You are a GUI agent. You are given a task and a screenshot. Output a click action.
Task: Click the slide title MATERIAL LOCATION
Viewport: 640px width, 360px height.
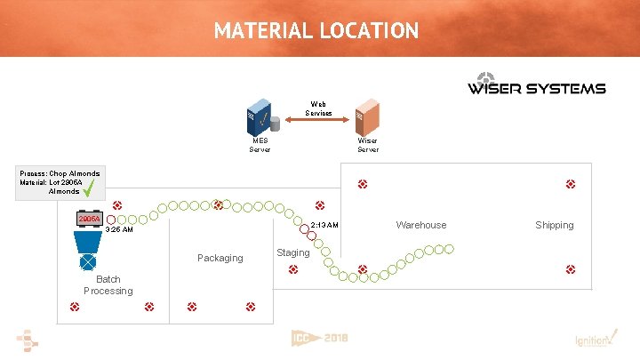(316, 30)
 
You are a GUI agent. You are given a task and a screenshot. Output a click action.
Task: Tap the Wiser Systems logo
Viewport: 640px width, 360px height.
(536, 84)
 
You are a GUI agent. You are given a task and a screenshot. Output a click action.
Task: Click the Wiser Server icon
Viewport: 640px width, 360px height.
(367, 118)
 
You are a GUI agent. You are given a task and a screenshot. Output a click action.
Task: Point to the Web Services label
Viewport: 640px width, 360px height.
(318, 108)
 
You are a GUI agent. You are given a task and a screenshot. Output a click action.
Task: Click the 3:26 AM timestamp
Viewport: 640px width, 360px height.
(119, 230)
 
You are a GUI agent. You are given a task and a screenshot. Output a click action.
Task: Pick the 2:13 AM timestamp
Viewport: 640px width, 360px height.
(324, 225)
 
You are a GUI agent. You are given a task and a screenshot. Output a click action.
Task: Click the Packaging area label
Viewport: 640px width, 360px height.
(220, 258)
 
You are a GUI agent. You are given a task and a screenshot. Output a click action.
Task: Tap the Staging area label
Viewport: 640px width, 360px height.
(293, 253)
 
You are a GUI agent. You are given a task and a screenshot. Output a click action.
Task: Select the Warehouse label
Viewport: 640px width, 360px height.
(421, 225)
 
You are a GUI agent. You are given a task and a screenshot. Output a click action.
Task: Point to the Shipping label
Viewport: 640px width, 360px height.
(554, 225)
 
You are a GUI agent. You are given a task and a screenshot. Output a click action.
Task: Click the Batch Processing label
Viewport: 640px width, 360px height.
(108, 285)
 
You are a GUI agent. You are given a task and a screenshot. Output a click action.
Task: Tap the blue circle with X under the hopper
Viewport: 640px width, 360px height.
(88, 263)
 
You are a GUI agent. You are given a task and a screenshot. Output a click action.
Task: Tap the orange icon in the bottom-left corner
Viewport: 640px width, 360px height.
(28, 340)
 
